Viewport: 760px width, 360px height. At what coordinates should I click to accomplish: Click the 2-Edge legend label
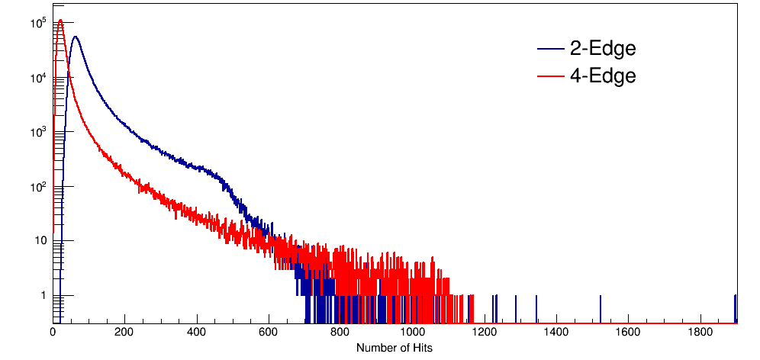(603, 50)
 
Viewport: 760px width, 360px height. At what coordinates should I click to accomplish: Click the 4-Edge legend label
(603, 76)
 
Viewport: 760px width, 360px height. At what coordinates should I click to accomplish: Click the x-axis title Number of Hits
(394, 348)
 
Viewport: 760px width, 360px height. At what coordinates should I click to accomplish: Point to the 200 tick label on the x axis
(124, 333)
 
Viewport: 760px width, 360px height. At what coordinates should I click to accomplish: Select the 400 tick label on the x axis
(196, 333)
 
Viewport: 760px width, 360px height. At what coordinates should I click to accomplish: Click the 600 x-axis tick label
(269, 333)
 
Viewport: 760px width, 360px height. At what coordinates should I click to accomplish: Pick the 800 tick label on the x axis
(340, 333)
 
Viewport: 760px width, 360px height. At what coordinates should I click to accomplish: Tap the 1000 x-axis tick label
(412, 333)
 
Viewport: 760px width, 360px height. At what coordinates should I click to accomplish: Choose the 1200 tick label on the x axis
(485, 333)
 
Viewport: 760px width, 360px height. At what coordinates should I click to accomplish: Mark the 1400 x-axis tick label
(556, 333)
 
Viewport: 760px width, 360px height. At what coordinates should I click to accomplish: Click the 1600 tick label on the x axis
(628, 333)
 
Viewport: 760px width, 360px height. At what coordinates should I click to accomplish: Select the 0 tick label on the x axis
(53, 333)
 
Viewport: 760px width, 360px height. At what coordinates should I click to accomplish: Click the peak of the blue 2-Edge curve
(75, 37)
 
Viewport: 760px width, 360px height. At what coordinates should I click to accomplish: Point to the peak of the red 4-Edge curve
(60, 21)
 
